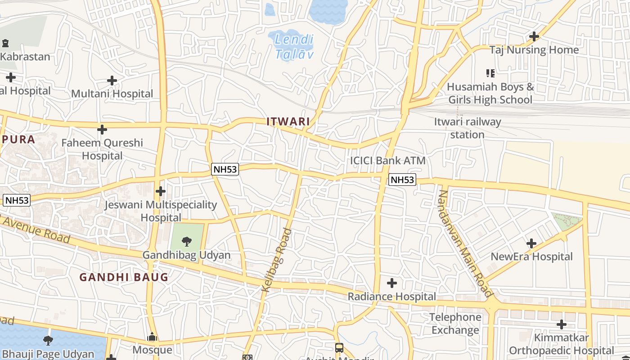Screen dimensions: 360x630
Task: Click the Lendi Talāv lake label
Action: tap(294, 47)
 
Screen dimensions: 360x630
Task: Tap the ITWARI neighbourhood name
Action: tap(288, 121)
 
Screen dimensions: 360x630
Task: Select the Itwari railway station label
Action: tap(468, 128)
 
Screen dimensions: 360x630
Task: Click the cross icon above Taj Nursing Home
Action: tap(534, 36)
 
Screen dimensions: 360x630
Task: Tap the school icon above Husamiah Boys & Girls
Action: tap(490, 73)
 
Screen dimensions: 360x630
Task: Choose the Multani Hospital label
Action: tap(112, 94)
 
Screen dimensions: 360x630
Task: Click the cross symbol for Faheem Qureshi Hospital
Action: tap(102, 130)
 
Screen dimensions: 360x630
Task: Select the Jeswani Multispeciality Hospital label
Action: tap(161, 211)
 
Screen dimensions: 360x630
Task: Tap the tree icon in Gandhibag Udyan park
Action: tap(186, 242)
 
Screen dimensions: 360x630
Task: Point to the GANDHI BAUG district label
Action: tap(124, 277)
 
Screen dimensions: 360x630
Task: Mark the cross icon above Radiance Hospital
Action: tap(392, 283)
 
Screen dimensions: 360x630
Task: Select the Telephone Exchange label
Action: tap(455, 324)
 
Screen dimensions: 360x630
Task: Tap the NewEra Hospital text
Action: tap(531, 257)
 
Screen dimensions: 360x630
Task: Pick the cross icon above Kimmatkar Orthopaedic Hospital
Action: tap(561, 324)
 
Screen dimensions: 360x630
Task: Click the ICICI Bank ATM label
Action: tap(387, 161)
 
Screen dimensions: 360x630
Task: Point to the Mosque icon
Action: tap(152, 337)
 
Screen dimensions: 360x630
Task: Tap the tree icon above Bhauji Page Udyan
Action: tap(48, 340)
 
